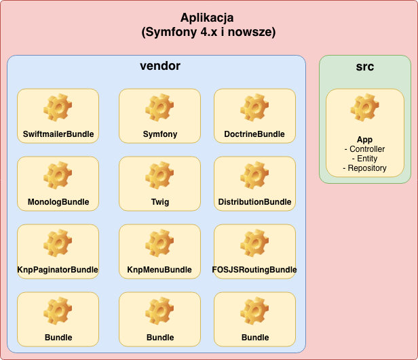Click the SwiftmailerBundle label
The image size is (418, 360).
[x=58, y=134]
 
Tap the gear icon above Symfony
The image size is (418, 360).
[x=160, y=107]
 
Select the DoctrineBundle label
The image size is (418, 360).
[x=254, y=134]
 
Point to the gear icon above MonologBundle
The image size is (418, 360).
[x=58, y=175]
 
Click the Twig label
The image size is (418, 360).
[x=160, y=202]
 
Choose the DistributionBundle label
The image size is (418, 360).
[x=254, y=202]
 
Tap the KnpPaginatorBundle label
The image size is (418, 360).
[x=58, y=270]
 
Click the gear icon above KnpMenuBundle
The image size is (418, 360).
[x=160, y=243]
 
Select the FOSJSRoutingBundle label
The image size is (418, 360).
[x=254, y=270]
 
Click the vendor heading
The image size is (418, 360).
[x=159, y=66]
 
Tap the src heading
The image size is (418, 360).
[x=365, y=66]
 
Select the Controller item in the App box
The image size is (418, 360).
[x=367, y=149]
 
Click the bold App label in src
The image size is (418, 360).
[x=365, y=140]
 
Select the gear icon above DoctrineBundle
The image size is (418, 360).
[x=254, y=107]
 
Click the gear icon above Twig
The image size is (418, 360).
[x=160, y=175]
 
